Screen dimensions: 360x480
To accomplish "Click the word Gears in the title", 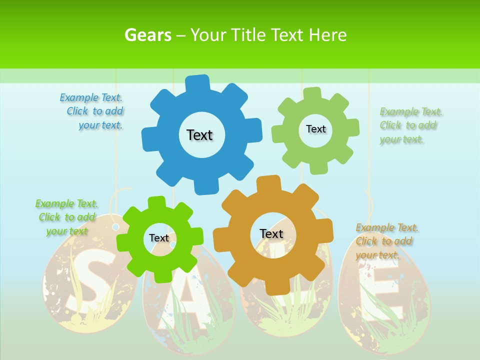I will pyautogui.click(x=147, y=35).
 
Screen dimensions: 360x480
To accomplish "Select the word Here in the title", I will pyautogui.click(x=327, y=35).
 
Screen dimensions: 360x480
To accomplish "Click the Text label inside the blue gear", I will pyautogui.click(x=199, y=135).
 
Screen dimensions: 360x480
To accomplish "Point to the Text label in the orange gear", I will pyautogui.click(x=271, y=233).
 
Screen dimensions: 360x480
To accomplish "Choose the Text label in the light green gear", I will pyautogui.click(x=315, y=129).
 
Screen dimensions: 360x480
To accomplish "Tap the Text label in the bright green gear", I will pyautogui.click(x=159, y=238).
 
